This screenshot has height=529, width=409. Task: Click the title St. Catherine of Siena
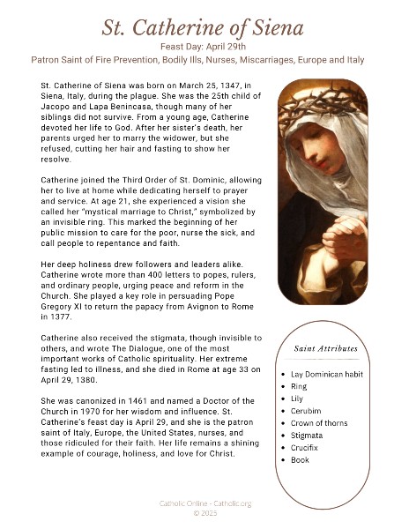click(x=204, y=25)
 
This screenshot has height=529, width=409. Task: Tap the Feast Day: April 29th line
click(x=204, y=46)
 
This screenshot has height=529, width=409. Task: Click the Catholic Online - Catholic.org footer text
click(x=204, y=503)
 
